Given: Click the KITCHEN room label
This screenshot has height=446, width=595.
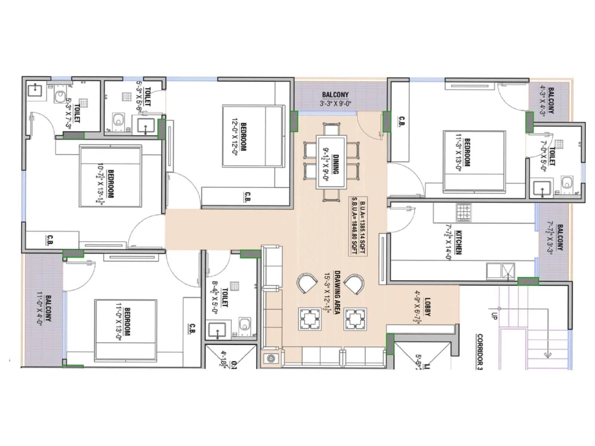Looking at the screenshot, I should click(459, 242).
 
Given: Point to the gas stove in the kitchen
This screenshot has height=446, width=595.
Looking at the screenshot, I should click(463, 212).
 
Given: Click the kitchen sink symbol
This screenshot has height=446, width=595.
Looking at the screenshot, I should click(507, 271).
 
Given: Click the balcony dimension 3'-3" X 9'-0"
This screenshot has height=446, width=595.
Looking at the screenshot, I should click(335, 104).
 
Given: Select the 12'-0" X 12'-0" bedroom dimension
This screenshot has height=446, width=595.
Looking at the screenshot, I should click(235, 137).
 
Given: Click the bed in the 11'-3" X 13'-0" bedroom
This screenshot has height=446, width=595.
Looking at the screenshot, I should click(474, 162).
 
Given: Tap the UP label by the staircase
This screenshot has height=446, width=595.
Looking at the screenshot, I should click(494, 316).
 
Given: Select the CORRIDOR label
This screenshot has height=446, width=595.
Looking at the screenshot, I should click(480, 351).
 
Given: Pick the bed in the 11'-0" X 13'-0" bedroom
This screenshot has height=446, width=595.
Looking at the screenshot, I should click(125, 330).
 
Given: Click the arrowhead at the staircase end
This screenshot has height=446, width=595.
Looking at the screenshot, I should click(547, 355).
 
